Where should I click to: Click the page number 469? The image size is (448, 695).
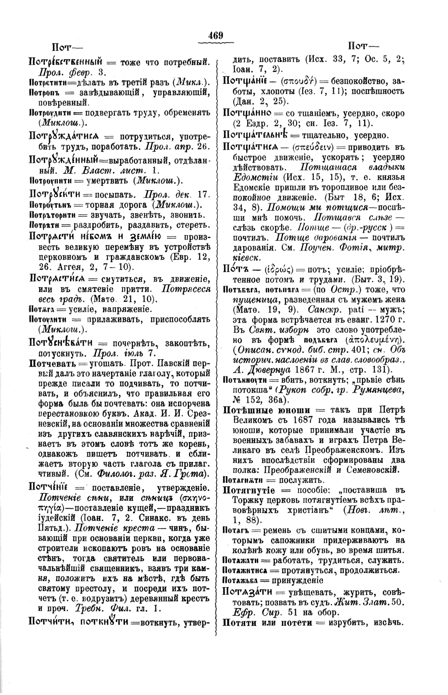coord(216,35)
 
